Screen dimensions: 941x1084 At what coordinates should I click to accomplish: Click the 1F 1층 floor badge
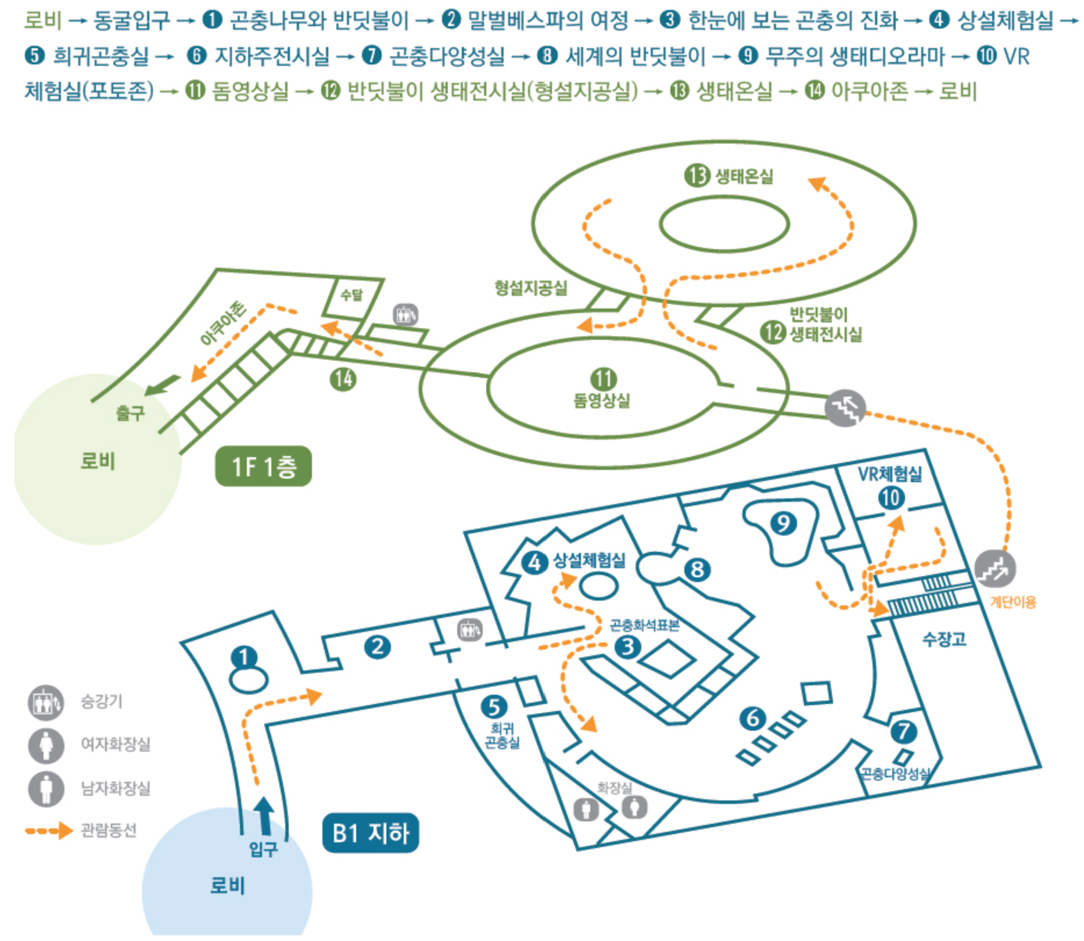coord(263,466)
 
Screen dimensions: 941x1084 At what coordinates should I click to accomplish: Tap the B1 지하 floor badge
coord(370,833)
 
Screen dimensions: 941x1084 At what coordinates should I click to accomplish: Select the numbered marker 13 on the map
coord(697,175)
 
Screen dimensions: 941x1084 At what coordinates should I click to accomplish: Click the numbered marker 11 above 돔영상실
coord(603,379)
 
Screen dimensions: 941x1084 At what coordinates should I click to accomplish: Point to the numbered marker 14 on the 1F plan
coord(343,379)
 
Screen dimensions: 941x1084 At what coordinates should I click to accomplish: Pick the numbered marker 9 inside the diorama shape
coord(783,523)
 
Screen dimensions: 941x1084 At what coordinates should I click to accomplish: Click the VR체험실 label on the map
coord(890,474)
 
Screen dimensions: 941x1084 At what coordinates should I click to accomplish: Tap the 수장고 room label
coord(944,639)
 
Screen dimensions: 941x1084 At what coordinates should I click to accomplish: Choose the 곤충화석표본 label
coord(644,625)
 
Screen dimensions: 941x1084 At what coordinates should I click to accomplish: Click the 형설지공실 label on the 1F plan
coord(530,288)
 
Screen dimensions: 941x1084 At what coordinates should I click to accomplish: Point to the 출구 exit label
coord(130,413)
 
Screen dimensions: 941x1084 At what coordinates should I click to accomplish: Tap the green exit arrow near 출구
coord(163,385)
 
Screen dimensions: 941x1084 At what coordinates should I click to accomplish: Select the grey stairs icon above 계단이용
coord(995,569)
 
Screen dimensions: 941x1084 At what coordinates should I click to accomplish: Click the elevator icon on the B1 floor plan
coord(469,630)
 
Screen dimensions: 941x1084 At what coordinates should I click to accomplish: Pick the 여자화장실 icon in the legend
coord(46,745)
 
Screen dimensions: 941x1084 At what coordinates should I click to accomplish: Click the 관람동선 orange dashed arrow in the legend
coord(49,831)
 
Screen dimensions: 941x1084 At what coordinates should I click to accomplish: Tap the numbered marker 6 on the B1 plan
coord(752,719)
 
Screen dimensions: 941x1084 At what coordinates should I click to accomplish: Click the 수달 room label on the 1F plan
coord(351,296)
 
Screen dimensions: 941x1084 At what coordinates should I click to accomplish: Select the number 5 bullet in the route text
coord(35,56)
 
